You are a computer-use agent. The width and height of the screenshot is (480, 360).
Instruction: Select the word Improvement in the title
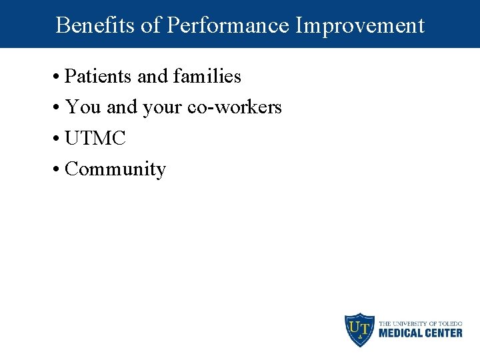click(x=360, y=25)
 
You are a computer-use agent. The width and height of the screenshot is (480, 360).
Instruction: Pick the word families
click(x=207, y=77)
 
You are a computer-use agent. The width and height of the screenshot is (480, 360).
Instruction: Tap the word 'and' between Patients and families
click(x=153, y=77)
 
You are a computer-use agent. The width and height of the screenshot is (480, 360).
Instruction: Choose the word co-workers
click(x=235, y=107)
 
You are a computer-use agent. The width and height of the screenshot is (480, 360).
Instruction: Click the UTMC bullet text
click(x=95, y=138)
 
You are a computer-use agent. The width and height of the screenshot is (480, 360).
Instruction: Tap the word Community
click(x=115, y=169)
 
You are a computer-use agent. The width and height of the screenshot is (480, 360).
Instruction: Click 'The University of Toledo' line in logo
click(x=420, y=323)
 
